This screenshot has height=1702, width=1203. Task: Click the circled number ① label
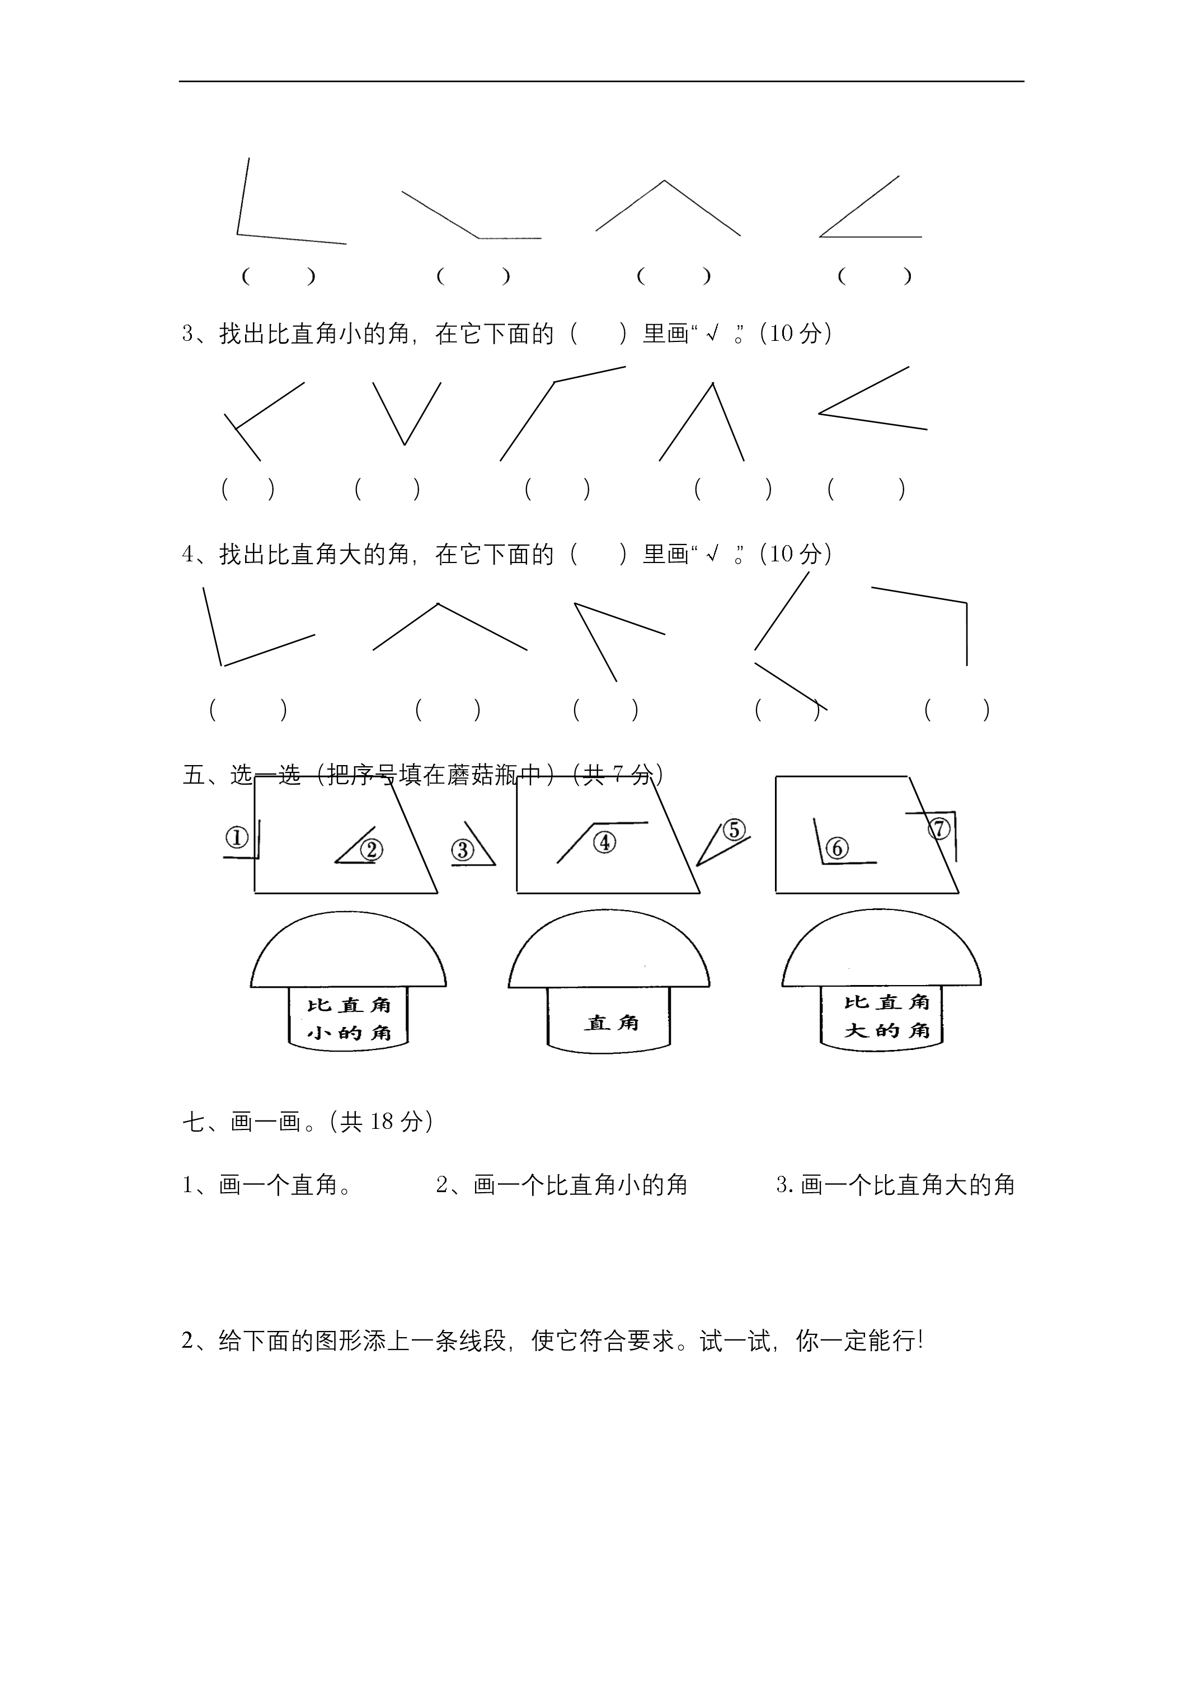[237, 838]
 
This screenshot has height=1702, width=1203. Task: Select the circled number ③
[463, 850]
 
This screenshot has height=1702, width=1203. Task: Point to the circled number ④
[605, 842]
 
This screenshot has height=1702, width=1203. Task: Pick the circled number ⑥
[837, 848]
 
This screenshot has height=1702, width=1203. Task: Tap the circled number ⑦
[939, 828]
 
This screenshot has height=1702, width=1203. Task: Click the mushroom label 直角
[611, 1024]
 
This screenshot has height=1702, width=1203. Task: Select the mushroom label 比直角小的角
[349, 1019]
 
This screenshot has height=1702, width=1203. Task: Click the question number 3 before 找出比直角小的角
[188, 334]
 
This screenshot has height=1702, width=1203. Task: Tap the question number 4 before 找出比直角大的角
[188, 554]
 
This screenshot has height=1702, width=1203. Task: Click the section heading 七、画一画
[242, 1122]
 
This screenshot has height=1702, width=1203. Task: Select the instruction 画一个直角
[285, 1185]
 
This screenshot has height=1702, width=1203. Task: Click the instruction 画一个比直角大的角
[908, 1185]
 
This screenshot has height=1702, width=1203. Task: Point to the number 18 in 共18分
[381, 1122]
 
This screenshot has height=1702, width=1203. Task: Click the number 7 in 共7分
[617, 775]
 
